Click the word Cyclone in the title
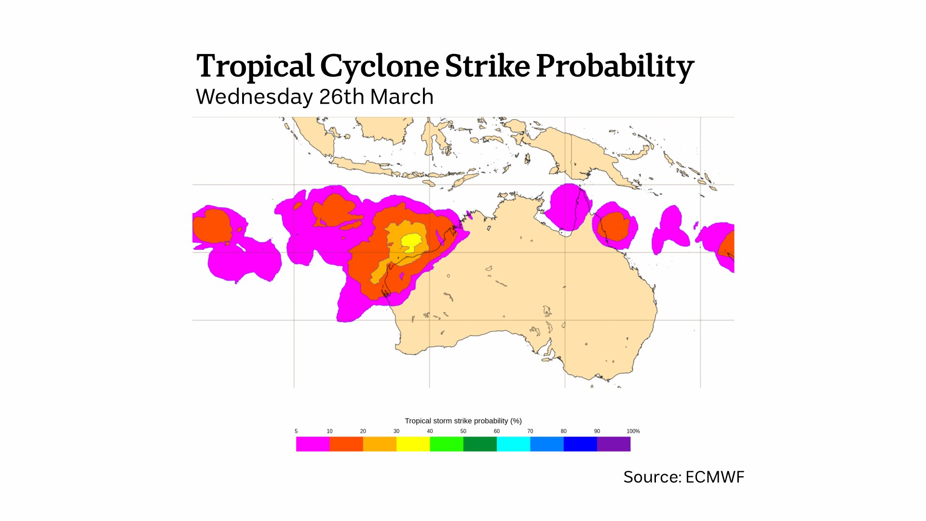point(379,66)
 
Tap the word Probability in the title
point(614,66)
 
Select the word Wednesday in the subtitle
point(254,97)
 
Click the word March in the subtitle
point(402,97)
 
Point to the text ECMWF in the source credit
point(714,477)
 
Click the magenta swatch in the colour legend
point(313,444)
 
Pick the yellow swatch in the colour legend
point(413,444)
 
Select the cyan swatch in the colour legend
point(513,444)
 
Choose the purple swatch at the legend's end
point(613,444)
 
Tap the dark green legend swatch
point(480,444)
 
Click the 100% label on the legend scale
point(633,431)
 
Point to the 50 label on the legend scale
point(463,431)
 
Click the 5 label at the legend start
point(296,431)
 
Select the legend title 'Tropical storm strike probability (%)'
point(463,421)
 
